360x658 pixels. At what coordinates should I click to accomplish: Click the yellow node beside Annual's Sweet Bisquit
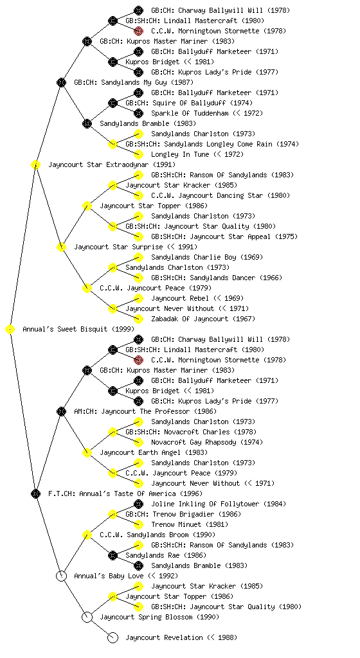[10, 330]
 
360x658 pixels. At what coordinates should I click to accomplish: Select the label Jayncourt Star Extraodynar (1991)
[112, 164]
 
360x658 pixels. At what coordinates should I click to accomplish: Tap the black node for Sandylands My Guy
[61, 82]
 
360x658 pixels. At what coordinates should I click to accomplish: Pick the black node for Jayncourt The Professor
[61, 411]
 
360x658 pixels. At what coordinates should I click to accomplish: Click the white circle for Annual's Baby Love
[61, 576]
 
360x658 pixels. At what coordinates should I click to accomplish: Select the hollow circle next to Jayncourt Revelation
[113, 637]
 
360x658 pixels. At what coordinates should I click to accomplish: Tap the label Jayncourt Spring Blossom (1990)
[159, 617]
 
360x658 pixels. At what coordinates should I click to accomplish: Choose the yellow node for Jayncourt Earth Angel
[87, 452]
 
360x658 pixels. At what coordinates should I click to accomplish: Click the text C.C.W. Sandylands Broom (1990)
[157, 535]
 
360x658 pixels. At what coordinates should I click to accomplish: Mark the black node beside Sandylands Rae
[113, 555]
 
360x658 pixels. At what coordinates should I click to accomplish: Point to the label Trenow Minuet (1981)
[190, 524]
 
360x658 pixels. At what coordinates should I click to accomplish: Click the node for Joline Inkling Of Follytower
[138, 504]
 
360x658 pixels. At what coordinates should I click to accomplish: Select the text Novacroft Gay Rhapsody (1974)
[207, 442]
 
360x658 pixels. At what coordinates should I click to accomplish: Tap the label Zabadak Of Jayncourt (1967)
[203, 319]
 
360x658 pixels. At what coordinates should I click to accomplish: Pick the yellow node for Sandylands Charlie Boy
[138, 257]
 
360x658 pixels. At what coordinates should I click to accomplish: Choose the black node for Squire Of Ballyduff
[113, 103]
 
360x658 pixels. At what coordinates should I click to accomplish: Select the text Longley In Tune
[180, 154]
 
